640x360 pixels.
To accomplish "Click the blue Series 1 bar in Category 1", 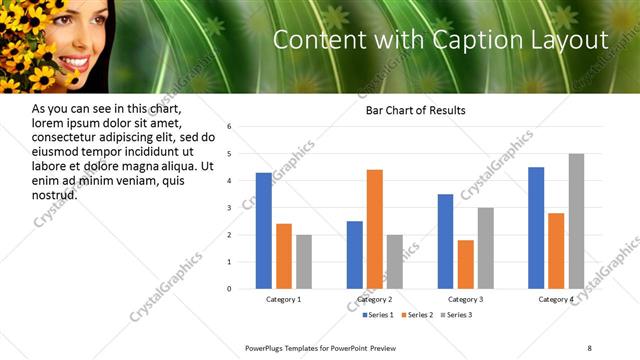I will tap(263, 231).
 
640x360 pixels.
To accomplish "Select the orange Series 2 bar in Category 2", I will tap(375, 229).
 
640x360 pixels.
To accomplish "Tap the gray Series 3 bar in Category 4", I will tap(576, 221).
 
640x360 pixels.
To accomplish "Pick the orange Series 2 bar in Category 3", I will tap(465, 264).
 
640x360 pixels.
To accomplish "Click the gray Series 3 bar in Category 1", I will tap(303, 262).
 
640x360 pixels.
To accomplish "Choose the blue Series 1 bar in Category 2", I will tap(355, 255).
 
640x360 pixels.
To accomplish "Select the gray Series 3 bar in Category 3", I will tap(485, 248).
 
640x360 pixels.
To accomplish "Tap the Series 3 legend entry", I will tap(456, 315).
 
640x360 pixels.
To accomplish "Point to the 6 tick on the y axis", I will tap(229, 127).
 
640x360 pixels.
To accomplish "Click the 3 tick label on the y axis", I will tap(229, 208).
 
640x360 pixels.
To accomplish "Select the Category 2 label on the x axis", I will tap(375, 300).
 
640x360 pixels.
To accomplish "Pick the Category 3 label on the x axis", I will tap(465, 300).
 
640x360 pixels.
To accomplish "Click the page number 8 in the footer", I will tap(589, 347).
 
